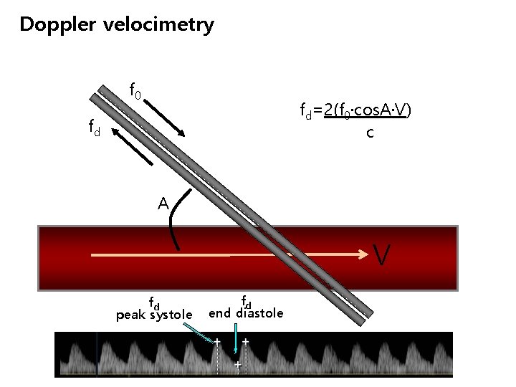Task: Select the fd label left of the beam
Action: [94, 128]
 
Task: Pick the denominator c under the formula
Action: [370, 133]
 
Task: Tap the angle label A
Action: [163, 204]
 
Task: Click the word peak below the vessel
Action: [131, 315]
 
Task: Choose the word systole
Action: [171, 315]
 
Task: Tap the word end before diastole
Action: [219, 312]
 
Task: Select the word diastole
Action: [260, 312]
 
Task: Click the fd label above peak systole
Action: [153, 301]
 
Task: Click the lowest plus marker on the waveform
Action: [237, 365]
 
